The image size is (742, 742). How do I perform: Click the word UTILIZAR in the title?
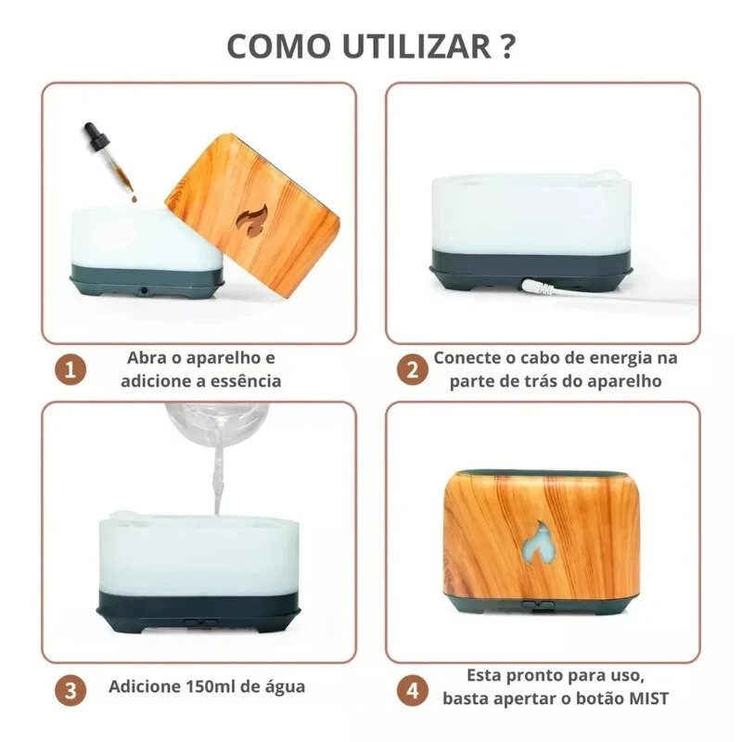417,46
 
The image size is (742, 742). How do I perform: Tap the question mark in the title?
506,46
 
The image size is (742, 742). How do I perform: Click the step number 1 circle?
70,369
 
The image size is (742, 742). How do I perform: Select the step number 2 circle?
413,369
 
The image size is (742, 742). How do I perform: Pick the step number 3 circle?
70,689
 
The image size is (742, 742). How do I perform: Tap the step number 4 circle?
413,689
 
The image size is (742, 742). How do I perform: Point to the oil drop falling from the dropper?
134,199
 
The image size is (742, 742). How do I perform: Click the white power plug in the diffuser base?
536,287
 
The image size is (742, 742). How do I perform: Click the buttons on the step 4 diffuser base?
538,605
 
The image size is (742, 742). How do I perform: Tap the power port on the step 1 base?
143,288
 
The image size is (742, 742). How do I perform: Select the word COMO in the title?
279,46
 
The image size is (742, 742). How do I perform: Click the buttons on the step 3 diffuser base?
200,622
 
